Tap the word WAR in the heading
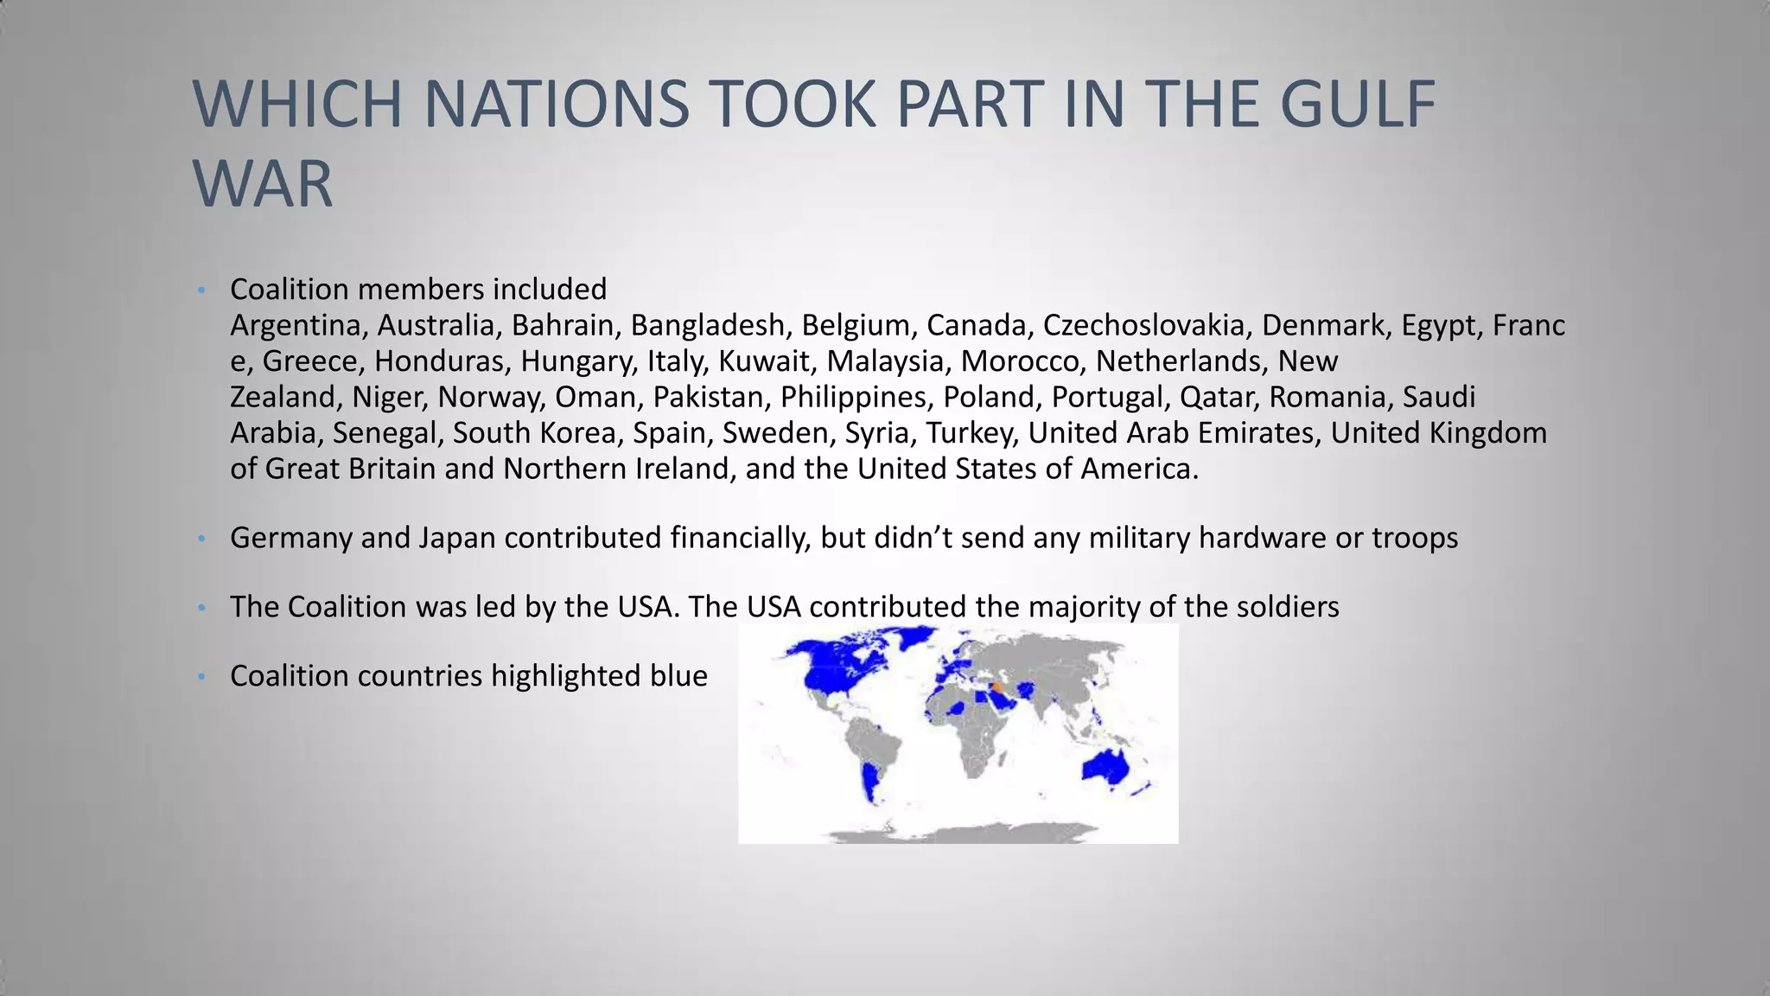point(263,184)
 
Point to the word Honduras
point(439,361)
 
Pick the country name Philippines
point(853,397)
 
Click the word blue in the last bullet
point(678,675)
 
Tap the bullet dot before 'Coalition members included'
point(201,290)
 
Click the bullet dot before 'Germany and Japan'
point(201,539)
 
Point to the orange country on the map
point(999,686)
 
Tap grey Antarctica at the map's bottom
point(951,835)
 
